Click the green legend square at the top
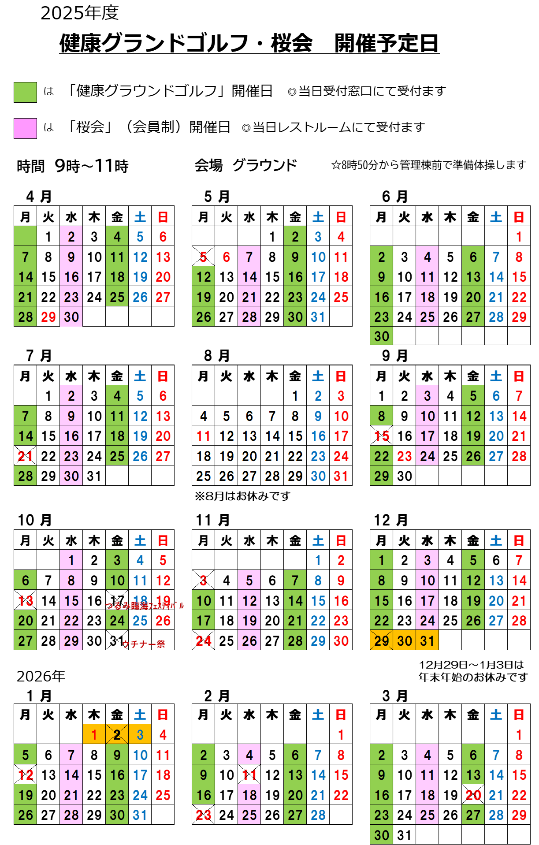(x=25, y=93)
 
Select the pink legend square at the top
(x=25, y=128)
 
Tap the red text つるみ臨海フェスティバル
(x=145, y=606)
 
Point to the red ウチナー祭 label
(x=144, y=644)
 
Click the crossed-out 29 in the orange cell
(x=382, y=640)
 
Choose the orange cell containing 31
(x=427, y=640)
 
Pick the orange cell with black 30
(x=405, y=640)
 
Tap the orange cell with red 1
(x=94, y=734)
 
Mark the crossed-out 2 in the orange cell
(x=117, y=734)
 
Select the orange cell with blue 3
(x=140, y=734)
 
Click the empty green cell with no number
(x=25, y=236)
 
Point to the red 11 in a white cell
(x=203, y=436)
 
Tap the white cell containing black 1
(x=295, y=396)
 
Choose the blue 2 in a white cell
(x=318, y=396)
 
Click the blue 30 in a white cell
(x=318, y=476)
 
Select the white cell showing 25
(x=203, y=476)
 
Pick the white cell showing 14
(x=272, y=436)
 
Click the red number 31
(x=341, y=476)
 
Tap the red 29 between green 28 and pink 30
(x=48, y=317)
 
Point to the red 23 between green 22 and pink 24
(x=405, y=456)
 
